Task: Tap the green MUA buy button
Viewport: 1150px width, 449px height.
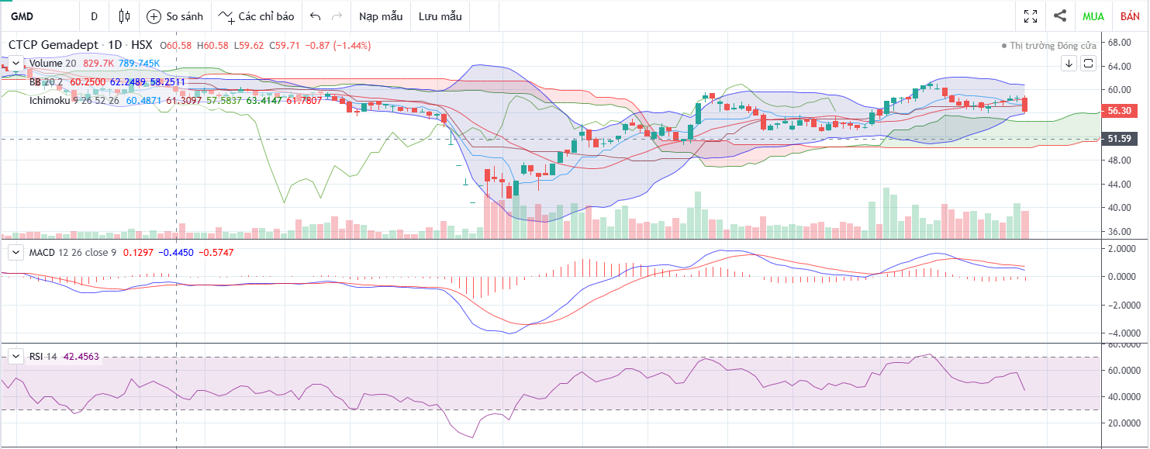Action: pyautogui.click(x=1093, y=16)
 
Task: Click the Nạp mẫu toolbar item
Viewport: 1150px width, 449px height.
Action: pyautogui.click(x=381, y=16)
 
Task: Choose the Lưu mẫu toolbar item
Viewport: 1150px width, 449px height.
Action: pyautogui.click(x=440, y=16)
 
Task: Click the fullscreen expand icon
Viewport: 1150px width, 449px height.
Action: pyautogui.click(x=1031, y=16)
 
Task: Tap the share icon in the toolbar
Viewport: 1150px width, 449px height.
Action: pyautogui.click(x=1060, y=16)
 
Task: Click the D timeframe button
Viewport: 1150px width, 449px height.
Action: pyautogui.click(x=94, y=16)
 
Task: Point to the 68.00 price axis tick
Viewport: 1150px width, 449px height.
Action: pyautogui.click(x=1122, y=42)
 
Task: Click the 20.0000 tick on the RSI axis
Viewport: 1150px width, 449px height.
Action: pyautogui.click(x=1122, y=423)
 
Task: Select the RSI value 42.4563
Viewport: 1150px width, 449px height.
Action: pyautogui.click(x=74, y=356)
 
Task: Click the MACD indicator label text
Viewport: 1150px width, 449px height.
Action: pyautogui.click(x=43, y=252)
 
